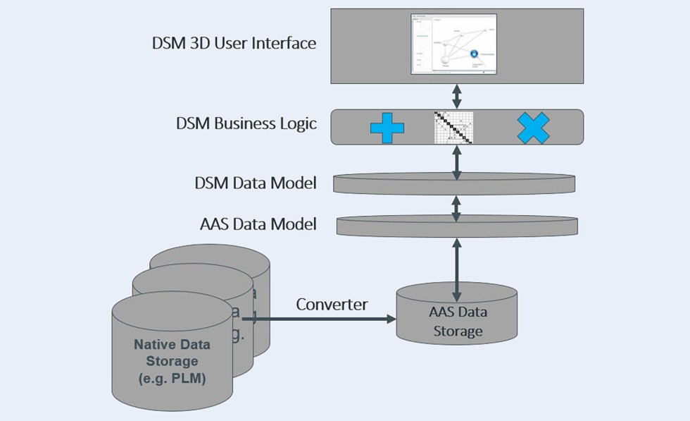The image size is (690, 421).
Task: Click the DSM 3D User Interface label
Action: (x=234, y=43)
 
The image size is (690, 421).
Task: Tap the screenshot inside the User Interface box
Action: (x=453, y=44)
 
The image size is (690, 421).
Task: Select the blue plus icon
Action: (x=387, y=128)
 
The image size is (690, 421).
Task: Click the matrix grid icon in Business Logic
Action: (x=453, y=128)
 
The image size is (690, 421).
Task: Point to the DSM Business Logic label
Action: (x=246, y=124)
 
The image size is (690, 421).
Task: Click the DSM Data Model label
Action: (x=255, y=183)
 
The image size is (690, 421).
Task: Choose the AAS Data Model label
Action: (x=258, y=224)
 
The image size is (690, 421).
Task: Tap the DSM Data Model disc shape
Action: (x=453, y=184)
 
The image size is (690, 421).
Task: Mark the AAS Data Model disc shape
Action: (x=457, y=226)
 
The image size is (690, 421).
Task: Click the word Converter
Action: (x=332, y=305)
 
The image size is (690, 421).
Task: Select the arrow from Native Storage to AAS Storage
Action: (x=324, y=319)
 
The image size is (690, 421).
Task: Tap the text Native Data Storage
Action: (x=172, y=354)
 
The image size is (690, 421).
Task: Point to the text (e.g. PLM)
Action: (x=172, y=381)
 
